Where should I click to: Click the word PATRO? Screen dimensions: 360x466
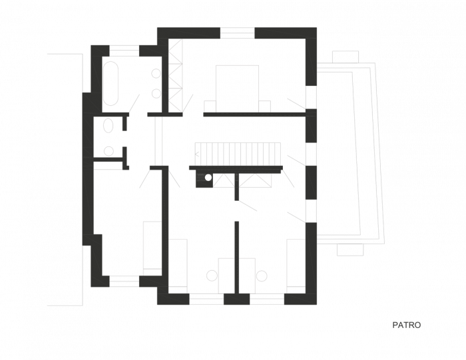tap(407, 325)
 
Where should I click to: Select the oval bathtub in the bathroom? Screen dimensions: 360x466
tap(111, 84)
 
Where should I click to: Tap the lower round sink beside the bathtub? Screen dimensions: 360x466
tap(156, 93)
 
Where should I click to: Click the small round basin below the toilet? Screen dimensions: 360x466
tap(109, 151)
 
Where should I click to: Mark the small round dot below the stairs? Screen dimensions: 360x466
tap(208, 178)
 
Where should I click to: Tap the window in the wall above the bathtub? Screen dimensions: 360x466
tap(123, 51)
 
